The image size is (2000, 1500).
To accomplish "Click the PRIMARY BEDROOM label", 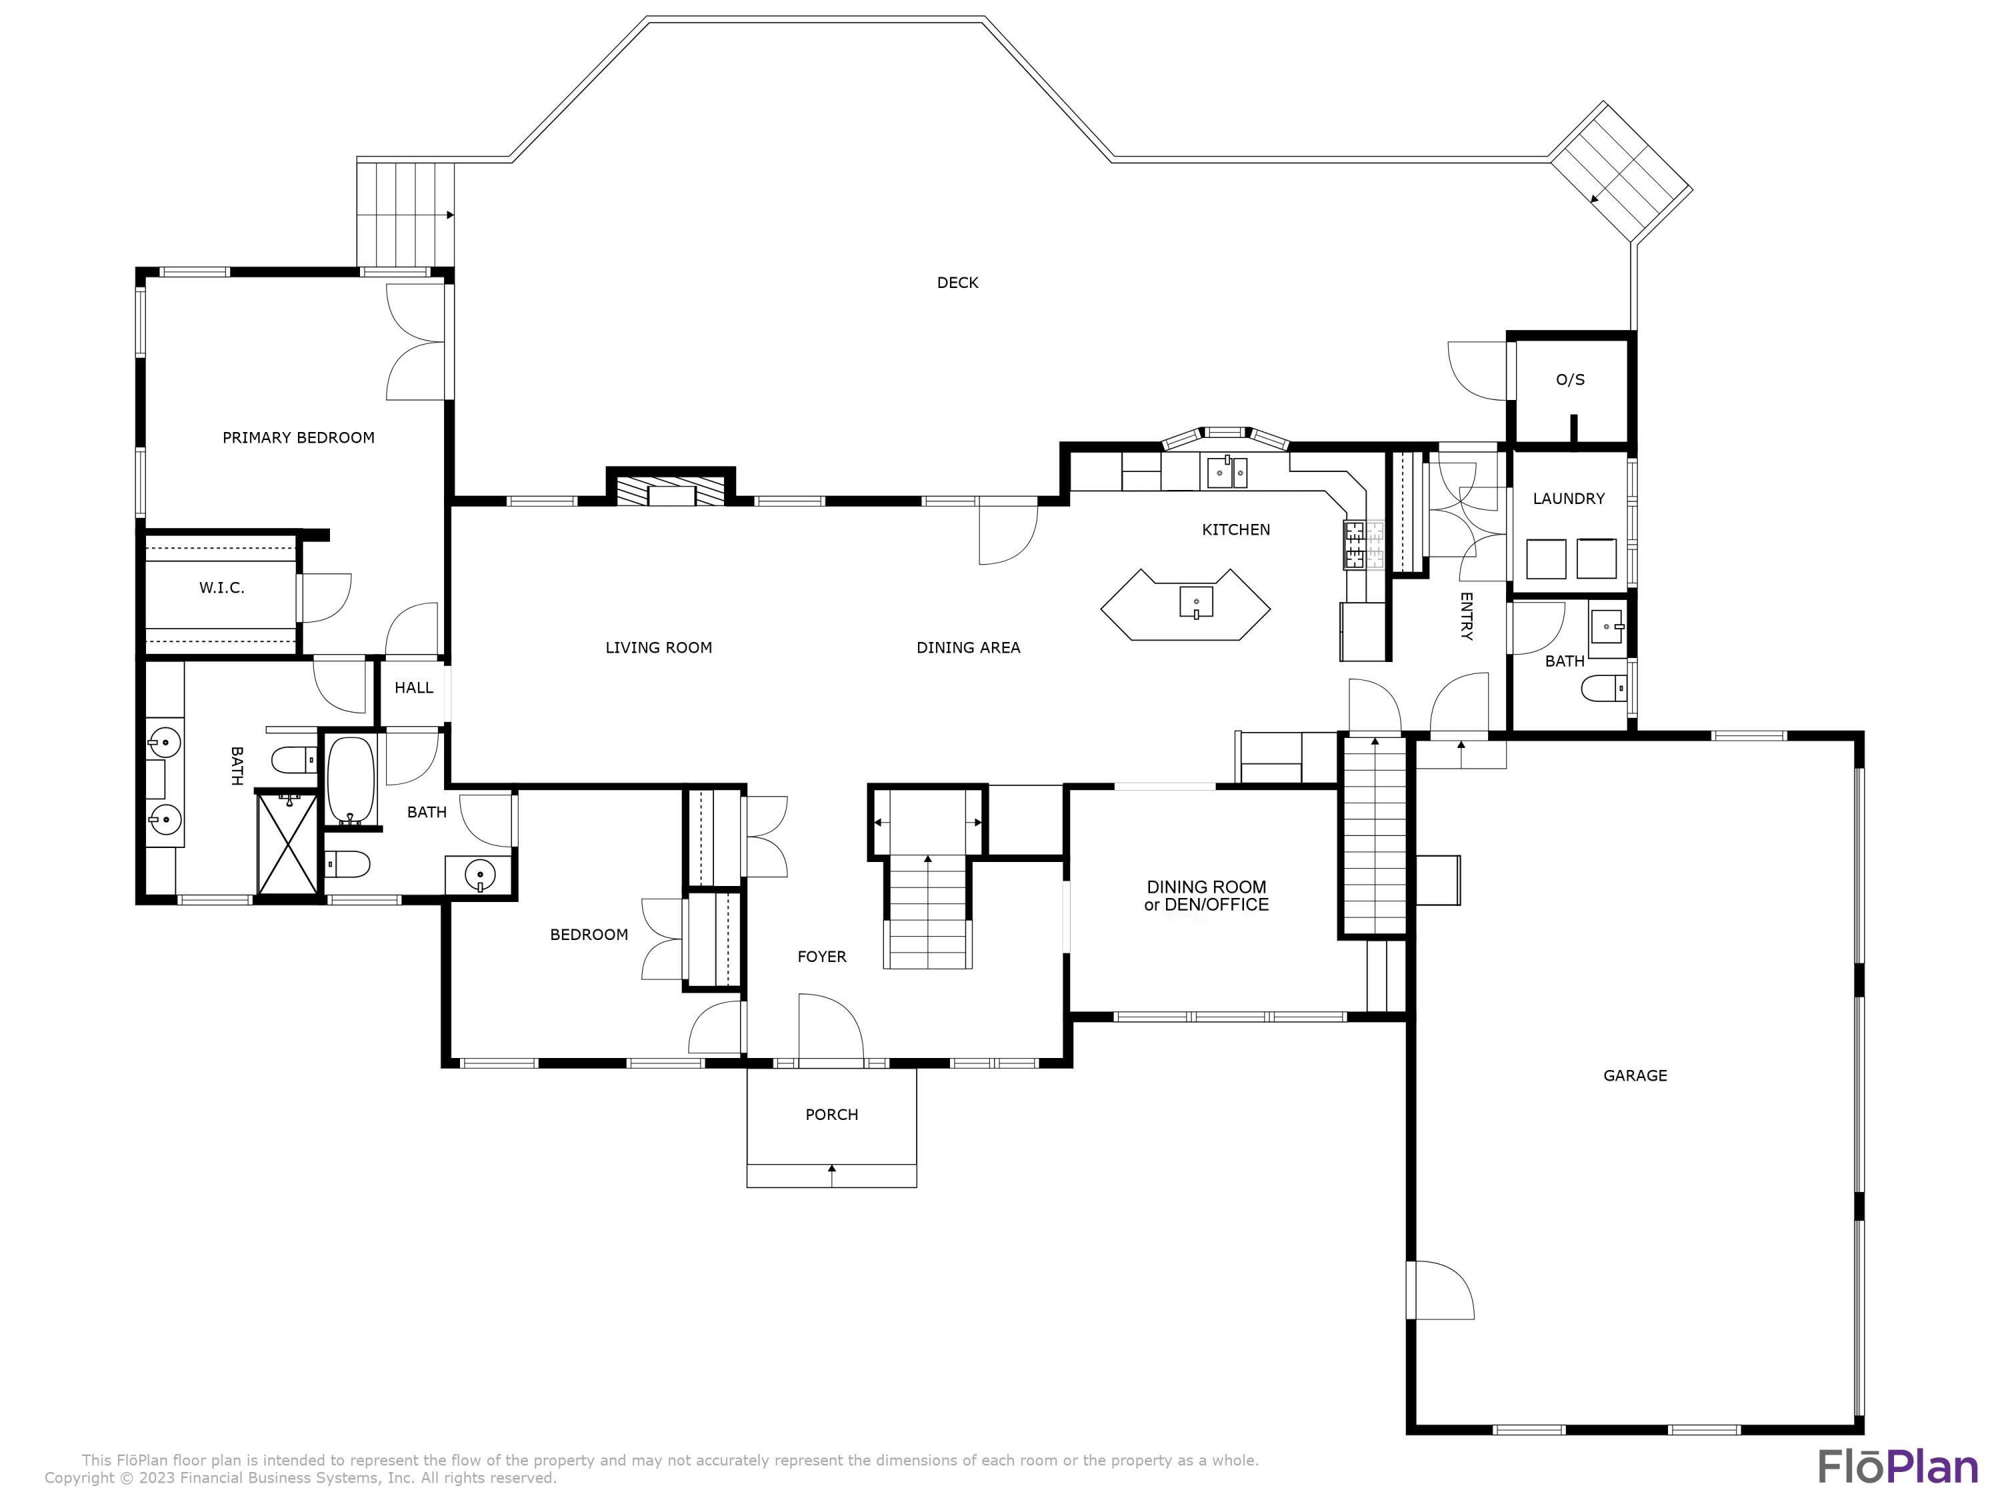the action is tap(299, 437).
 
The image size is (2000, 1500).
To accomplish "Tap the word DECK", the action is tap(957, 283).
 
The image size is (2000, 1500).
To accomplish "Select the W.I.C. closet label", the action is tap(221, 588).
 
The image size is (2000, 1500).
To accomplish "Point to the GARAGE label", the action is tap(1635, 1075).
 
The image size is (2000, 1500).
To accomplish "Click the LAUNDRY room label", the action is tap(1569, 498).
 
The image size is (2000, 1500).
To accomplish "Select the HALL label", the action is tap(414, 688).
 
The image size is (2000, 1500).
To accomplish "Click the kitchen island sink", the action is tap(1196, 601).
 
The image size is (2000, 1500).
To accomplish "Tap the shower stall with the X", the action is tap(287, 843).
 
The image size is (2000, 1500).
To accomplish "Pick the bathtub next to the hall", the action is tap(351, 780).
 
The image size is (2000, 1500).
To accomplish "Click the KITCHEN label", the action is tap(1236, 530).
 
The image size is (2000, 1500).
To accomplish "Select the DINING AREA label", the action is tap(969, 647).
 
